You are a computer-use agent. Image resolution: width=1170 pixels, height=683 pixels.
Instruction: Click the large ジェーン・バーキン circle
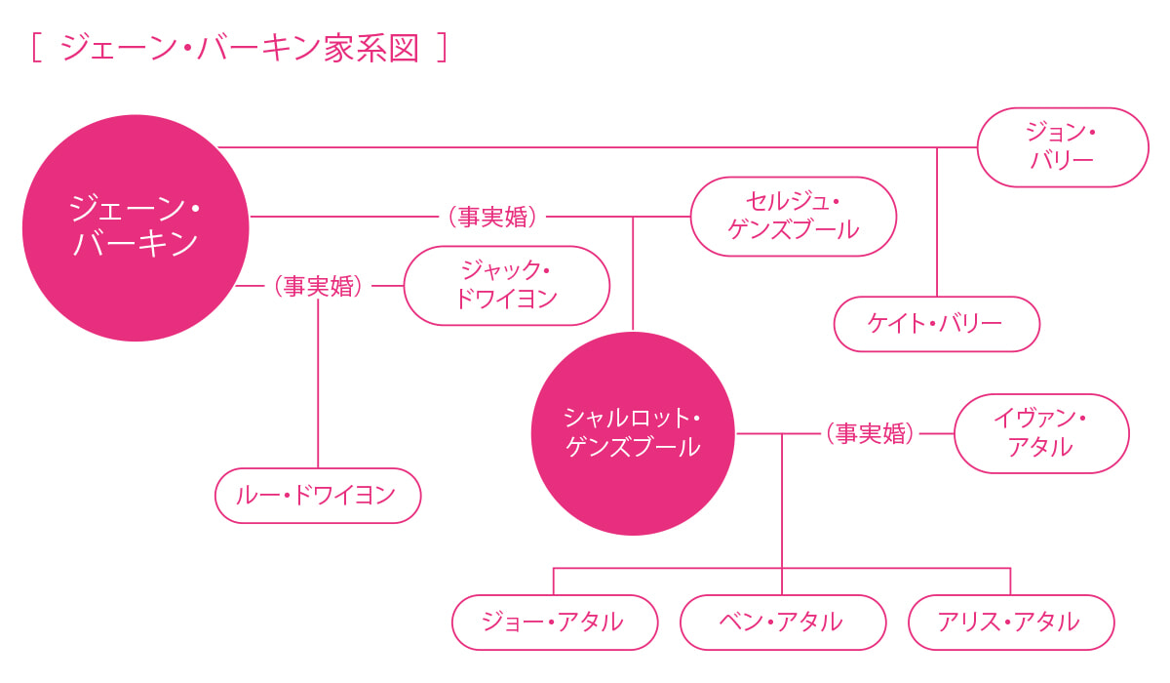coord(136,228)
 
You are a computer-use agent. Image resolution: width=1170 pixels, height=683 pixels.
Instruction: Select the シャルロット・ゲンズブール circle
coord(633,433)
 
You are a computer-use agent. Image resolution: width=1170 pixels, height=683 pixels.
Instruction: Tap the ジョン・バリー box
coord(1063,147)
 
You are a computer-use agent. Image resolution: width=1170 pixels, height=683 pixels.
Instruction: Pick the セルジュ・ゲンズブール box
coord(793,217)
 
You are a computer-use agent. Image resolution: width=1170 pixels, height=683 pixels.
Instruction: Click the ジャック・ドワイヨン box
coord(506,286)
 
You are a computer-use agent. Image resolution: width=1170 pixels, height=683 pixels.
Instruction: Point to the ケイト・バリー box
coord(936,324)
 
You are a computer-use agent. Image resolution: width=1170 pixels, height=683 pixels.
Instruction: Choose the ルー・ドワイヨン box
coord(318,496)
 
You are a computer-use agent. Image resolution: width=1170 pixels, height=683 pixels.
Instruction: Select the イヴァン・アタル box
coord(1041,433)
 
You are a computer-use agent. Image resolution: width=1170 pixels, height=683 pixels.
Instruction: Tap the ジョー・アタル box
coord(555,623)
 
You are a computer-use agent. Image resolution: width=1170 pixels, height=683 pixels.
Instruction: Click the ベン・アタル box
coord(783,623)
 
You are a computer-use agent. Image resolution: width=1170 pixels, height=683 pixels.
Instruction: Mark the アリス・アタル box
coord(1010,623)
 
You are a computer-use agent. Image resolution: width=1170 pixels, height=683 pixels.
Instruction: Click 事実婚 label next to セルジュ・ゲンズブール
coord(493,217)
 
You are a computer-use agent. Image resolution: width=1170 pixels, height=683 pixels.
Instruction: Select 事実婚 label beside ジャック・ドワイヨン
coord(319,286)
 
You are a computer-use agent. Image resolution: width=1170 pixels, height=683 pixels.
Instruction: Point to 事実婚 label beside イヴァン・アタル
coord(871,433)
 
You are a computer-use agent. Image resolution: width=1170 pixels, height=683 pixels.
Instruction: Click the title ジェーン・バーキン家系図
coord(240,48)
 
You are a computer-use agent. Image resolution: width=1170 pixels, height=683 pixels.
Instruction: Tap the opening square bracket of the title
coord(36,48)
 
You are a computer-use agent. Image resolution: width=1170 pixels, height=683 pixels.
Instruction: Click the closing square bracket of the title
coord(443,48)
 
